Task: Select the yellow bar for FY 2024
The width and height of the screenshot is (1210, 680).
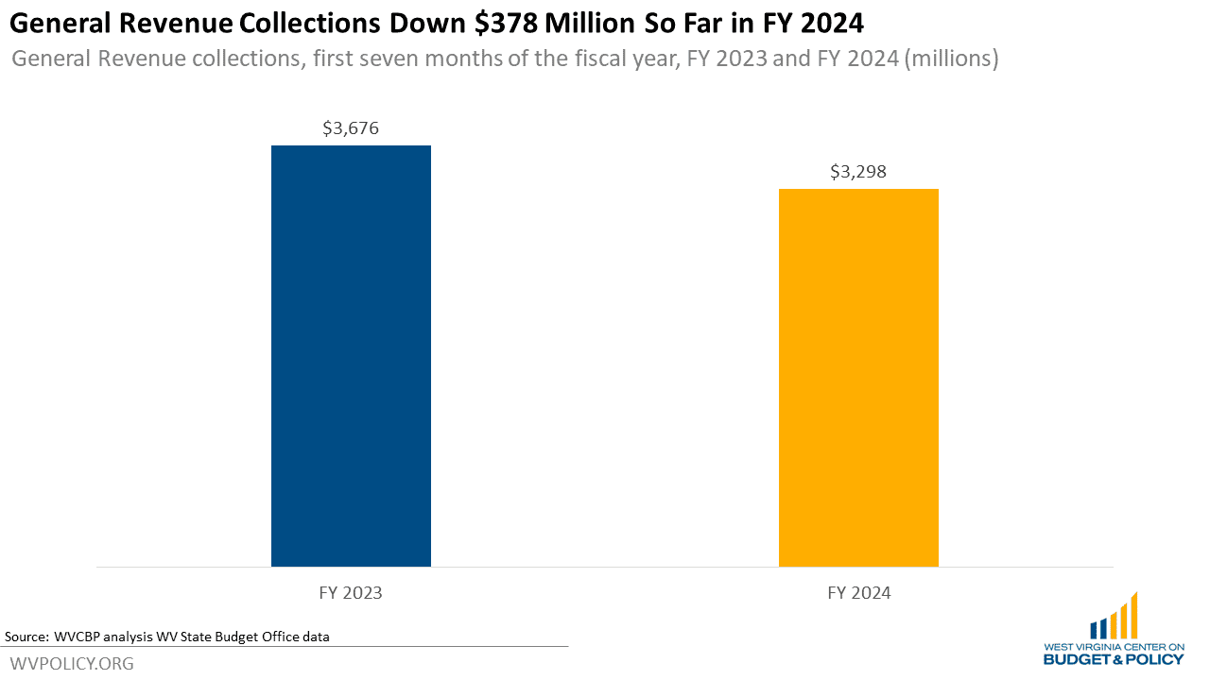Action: click(x=858, y=378)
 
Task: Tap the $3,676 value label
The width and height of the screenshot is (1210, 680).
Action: click(x=351, y=128)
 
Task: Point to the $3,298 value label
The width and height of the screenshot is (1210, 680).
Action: click(x=858, y=172)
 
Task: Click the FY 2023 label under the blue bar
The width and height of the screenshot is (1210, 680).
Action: click(x=351, y=593)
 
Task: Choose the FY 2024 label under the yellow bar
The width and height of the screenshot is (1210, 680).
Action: click(x=858, y=593)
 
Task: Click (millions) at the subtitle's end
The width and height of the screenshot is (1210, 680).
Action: click(x=952, y=59)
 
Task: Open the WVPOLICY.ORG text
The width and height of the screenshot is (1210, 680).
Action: click(x=72, y=664)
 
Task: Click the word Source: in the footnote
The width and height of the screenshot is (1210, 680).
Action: click(x=26, y=637)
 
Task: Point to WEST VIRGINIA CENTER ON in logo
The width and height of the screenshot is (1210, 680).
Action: click(x=1114, y=647)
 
